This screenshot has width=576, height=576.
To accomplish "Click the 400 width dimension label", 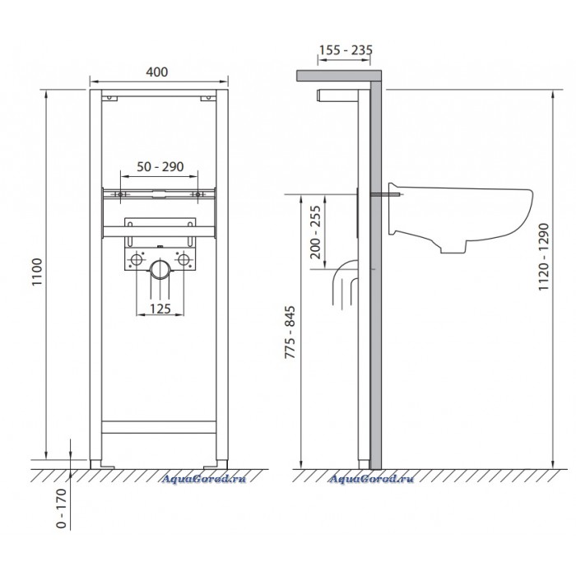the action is click(157, 72).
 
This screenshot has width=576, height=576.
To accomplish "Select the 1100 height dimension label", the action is click(37, 272).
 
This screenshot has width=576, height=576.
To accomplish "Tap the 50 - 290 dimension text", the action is click(160, 166).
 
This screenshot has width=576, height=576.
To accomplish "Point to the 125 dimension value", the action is click(160, 309).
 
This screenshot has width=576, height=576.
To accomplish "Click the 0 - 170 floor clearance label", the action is click(62, 508).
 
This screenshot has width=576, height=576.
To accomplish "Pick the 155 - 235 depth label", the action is click(346, 50).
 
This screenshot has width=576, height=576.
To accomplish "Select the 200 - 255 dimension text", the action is click(315, 232).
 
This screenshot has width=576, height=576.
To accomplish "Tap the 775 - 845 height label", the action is click(290, 332).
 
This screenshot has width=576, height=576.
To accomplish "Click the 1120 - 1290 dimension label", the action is click(544, 257).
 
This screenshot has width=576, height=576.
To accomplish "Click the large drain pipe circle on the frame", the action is click(160, 269).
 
